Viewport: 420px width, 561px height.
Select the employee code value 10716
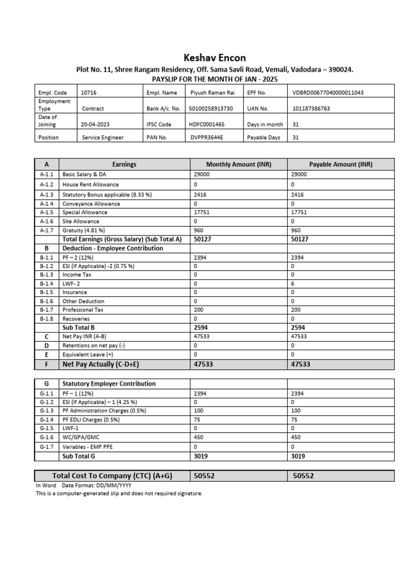click(89, 93)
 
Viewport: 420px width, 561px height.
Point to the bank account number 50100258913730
click(211, 108)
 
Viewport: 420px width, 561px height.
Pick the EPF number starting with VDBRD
click(328, 93)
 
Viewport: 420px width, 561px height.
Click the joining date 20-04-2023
click(96, 124)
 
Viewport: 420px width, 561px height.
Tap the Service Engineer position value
click(103, 138)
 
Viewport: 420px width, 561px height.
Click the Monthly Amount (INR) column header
click(238, 164)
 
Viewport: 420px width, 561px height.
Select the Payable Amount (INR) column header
click(341, 164)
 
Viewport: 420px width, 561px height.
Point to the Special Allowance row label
click(85, 213)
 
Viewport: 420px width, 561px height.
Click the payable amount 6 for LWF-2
click(293, 283)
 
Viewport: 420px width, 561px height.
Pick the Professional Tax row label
click(83, 310)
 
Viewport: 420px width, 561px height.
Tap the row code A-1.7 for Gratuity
click(47, 231)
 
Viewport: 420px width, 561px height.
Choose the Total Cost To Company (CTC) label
click(112, 476)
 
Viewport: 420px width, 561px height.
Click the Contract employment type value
click(93, 108)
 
